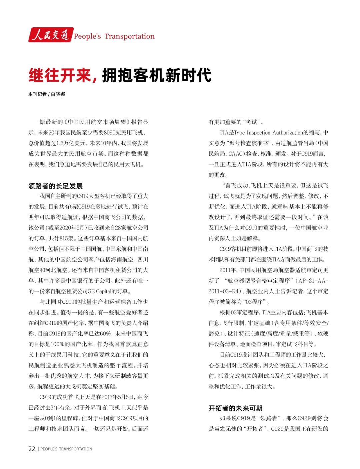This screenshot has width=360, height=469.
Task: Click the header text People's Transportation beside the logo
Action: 114,36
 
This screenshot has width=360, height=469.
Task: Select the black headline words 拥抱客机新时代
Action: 157,75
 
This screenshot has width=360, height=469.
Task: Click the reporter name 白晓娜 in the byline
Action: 58,94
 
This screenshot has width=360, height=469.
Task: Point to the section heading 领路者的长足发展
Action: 55,186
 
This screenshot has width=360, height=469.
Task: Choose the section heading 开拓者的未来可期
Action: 235,408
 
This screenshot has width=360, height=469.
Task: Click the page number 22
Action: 32,449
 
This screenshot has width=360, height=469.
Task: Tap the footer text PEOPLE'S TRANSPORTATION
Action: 66,449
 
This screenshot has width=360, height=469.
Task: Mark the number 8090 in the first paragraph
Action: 110,133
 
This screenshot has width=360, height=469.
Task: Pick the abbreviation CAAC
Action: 236,154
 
